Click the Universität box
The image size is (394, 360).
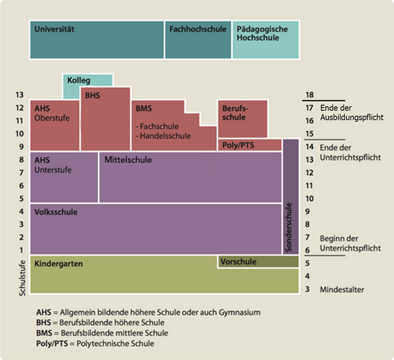96,40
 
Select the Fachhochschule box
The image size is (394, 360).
197,40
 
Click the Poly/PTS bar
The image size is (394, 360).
249,145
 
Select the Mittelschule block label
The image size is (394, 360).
128,161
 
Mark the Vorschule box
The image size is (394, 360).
257,262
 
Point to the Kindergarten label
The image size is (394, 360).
59,263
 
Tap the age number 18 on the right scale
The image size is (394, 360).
310,95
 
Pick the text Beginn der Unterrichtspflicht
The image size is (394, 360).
349,245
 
